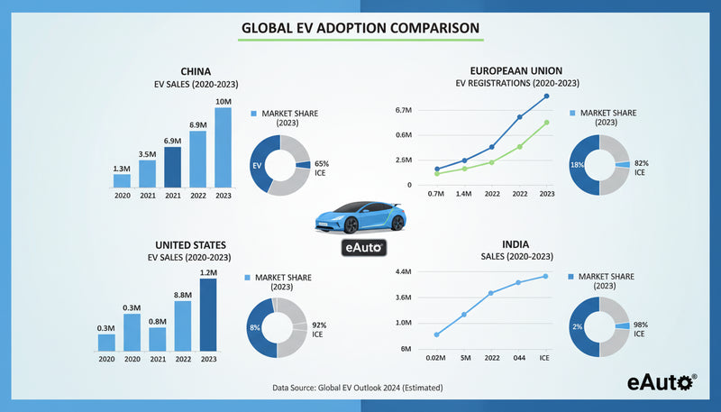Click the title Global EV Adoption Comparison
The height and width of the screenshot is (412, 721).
(360, 28)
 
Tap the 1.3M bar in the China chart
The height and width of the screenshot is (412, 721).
(121, 181)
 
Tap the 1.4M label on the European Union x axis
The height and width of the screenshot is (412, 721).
(464, 194)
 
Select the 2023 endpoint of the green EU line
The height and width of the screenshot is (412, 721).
(546, 123)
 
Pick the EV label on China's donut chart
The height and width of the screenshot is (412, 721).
(257, 166)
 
